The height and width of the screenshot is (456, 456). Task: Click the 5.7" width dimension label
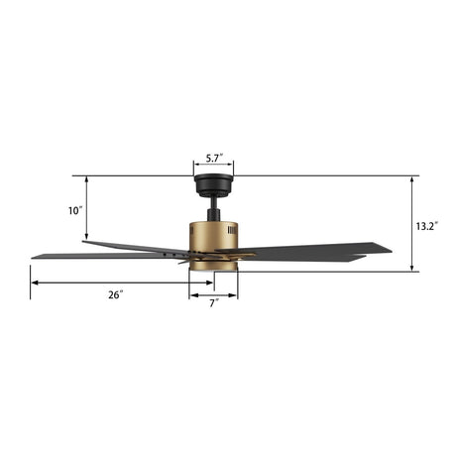click(x=213, y=158)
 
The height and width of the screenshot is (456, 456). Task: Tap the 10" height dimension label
click(x=76, y=210)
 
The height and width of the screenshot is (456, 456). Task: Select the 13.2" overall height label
click(x=426, y=226)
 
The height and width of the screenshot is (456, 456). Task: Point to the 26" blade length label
click(x=115, y=294)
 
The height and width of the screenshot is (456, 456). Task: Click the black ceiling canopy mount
click(x=213, y=185)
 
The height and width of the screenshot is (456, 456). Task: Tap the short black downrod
click(x=213, y=211)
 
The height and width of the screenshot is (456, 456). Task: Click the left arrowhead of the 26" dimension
click(x=35, y=283)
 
